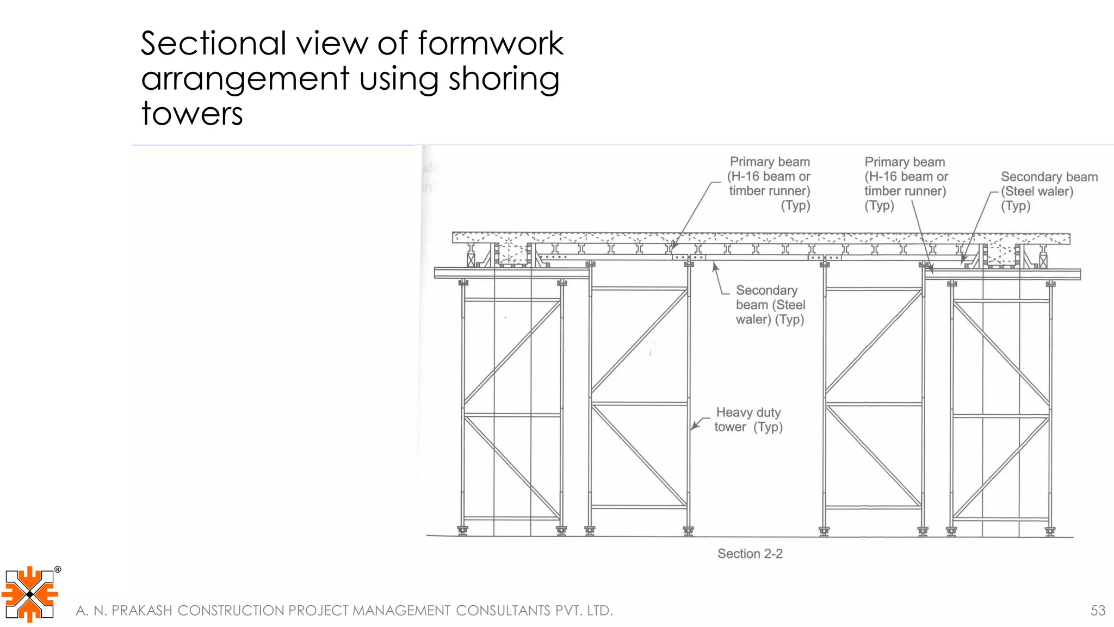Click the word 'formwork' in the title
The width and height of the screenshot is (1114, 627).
pyautogui.click(x=491, y=44)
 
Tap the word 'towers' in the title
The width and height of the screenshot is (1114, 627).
pyautogui.click(x=191, y=113)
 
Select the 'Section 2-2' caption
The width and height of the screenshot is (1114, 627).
pyautogui.click(x=750, y=554)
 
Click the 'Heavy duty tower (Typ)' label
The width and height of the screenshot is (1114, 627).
pyautogui.click(x=748, y=420)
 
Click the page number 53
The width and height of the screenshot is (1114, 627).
pyautogui.click(x=1098, y=610)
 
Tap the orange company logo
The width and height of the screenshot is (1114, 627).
pyautogui.click(x=30, y=594)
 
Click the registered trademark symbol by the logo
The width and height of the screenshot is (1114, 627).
pyautogui.click(x=58, y=570)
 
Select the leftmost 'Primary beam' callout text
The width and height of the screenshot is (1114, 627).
pyautogui.click(x=769, y=183)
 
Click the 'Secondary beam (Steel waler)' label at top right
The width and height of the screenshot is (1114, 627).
pyautogui.click(x=1048, y=191)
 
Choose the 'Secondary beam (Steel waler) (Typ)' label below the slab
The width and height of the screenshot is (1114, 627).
pyautogui.click(x=769, y=305)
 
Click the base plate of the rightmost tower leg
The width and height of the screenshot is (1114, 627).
pyautogui.click(x=1050, y=531)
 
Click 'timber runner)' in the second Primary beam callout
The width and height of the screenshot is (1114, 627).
pyautogui.click(x=905, y=191)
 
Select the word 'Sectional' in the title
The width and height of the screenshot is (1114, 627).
pyautogui.click(x=213, y=44)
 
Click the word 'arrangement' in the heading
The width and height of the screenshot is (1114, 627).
pyautogui.click(x=245, y=79)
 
